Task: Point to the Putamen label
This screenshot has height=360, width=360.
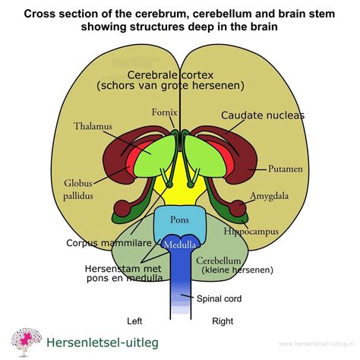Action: pyautogui.click(x=286, y=167)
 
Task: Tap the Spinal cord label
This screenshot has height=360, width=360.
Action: pyautogui.click(x=219, y=298)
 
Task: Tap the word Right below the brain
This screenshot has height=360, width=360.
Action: pyautogui.click(x=223, y=321)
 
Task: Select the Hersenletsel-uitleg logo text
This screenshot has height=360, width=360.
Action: pyautogui.click(x=97, y=342)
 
